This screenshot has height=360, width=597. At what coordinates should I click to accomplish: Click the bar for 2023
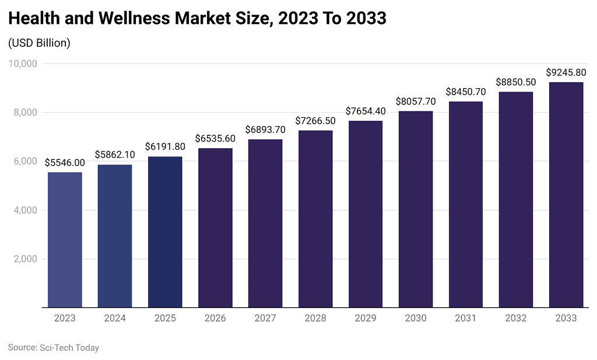point(65,240)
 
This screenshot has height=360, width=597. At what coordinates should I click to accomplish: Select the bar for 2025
point(165,232)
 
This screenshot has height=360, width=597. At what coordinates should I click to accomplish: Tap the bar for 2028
point(315,219)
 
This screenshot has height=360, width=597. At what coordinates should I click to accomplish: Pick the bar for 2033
point(566,194)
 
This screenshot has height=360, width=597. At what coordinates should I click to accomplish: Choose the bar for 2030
point(416,209)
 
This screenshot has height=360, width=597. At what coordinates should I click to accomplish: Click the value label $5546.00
point(65,163)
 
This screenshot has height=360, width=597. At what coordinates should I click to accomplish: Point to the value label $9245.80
point(566,73)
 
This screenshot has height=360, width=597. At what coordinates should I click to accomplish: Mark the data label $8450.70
point(466,92)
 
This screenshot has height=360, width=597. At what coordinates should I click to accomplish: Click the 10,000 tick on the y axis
point(23,64)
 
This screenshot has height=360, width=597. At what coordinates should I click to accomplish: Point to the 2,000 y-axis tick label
point(26,258)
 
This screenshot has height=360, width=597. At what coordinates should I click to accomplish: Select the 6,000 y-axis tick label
point(26,161)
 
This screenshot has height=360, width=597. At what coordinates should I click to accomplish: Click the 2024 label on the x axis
point(115,319)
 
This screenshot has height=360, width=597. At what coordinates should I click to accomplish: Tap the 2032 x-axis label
point(516,319)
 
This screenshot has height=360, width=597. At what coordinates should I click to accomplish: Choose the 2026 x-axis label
point(215,319)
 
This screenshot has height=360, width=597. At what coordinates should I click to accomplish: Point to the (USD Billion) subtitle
point(39,43)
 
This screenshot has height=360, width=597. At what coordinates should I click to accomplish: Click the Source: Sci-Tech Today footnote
point(54,348)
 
